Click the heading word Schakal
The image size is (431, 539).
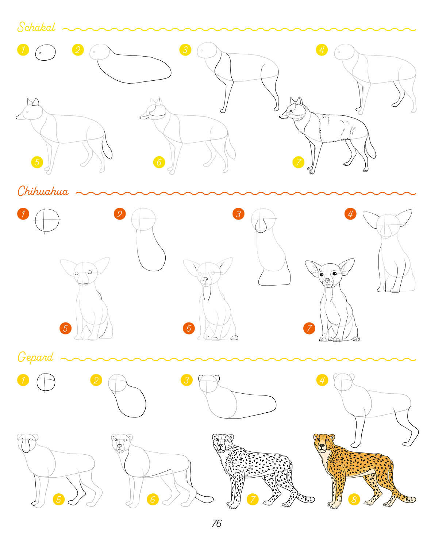(x=36, y=27)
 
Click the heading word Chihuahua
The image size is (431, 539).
(x=43, y=191)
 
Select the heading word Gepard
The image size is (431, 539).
(x=35, y=357)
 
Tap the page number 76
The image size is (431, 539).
(x=216, y=523)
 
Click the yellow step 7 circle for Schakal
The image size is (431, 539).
(x=298, y=162)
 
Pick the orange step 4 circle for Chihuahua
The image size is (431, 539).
(x=350, y=214)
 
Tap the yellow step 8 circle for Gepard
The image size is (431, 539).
(x=354, y=500)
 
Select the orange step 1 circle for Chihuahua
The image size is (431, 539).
(x=23, y=214)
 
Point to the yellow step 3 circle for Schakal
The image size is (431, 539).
(x=185, y=50)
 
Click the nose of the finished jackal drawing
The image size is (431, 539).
(x=280, y=117)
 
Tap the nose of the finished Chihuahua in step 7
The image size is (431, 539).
(x=327, y=280)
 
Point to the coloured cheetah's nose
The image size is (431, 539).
(x=322, y=446)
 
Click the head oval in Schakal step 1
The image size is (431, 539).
(x=45, y=52)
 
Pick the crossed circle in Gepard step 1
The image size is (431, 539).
(x=46, y=382)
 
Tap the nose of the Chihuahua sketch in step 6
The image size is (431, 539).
(x=205, y=279)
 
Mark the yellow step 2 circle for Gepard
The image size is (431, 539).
(x=96, y=380)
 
